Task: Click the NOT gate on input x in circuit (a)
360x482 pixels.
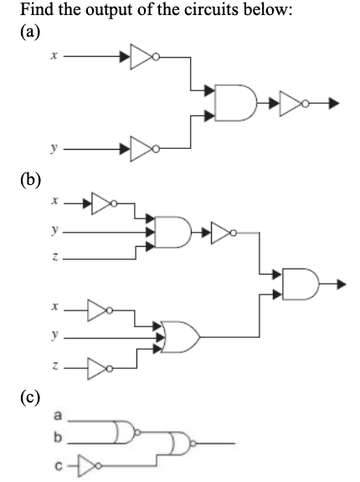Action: coord(140,58)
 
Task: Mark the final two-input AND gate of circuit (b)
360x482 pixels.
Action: coord(303,284)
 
